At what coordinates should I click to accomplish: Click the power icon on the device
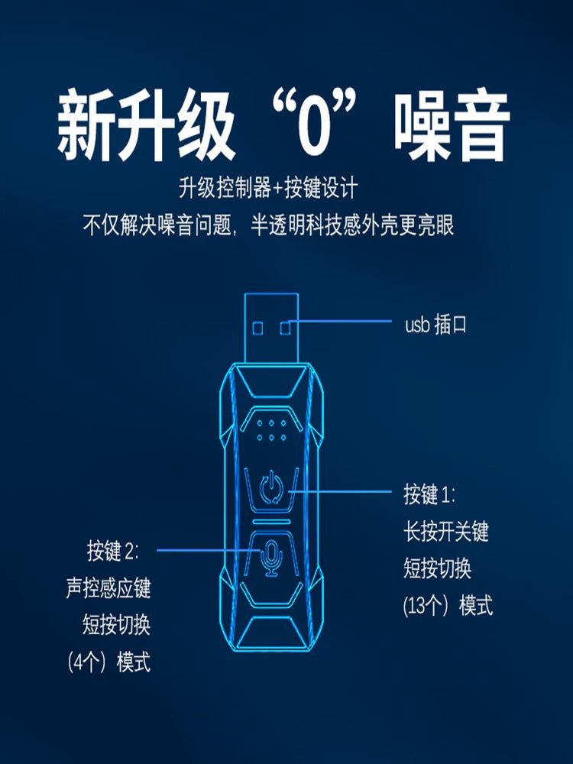click(271, 487)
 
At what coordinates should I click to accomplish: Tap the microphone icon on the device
click(271, 558)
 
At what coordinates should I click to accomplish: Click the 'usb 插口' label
click(435, 325)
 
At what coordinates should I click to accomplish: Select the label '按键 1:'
click(429, 494)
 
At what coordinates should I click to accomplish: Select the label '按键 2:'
click(113, 551)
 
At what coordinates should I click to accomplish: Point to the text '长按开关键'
click(446, 531)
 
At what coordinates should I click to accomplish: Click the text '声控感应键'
click(108, 588)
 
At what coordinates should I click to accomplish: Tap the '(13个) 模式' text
click(448, 606)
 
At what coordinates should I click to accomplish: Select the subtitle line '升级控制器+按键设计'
click(268, 187)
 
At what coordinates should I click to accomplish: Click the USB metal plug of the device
click(271, 328)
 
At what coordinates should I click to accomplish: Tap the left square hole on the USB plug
click(258, 328)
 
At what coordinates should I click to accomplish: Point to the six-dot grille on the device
click(271, 430)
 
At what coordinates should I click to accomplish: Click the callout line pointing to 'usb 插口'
click(340, 321)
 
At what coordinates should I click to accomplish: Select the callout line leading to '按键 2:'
click(209, 551)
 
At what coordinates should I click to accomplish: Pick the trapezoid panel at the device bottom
click(271, 633)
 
